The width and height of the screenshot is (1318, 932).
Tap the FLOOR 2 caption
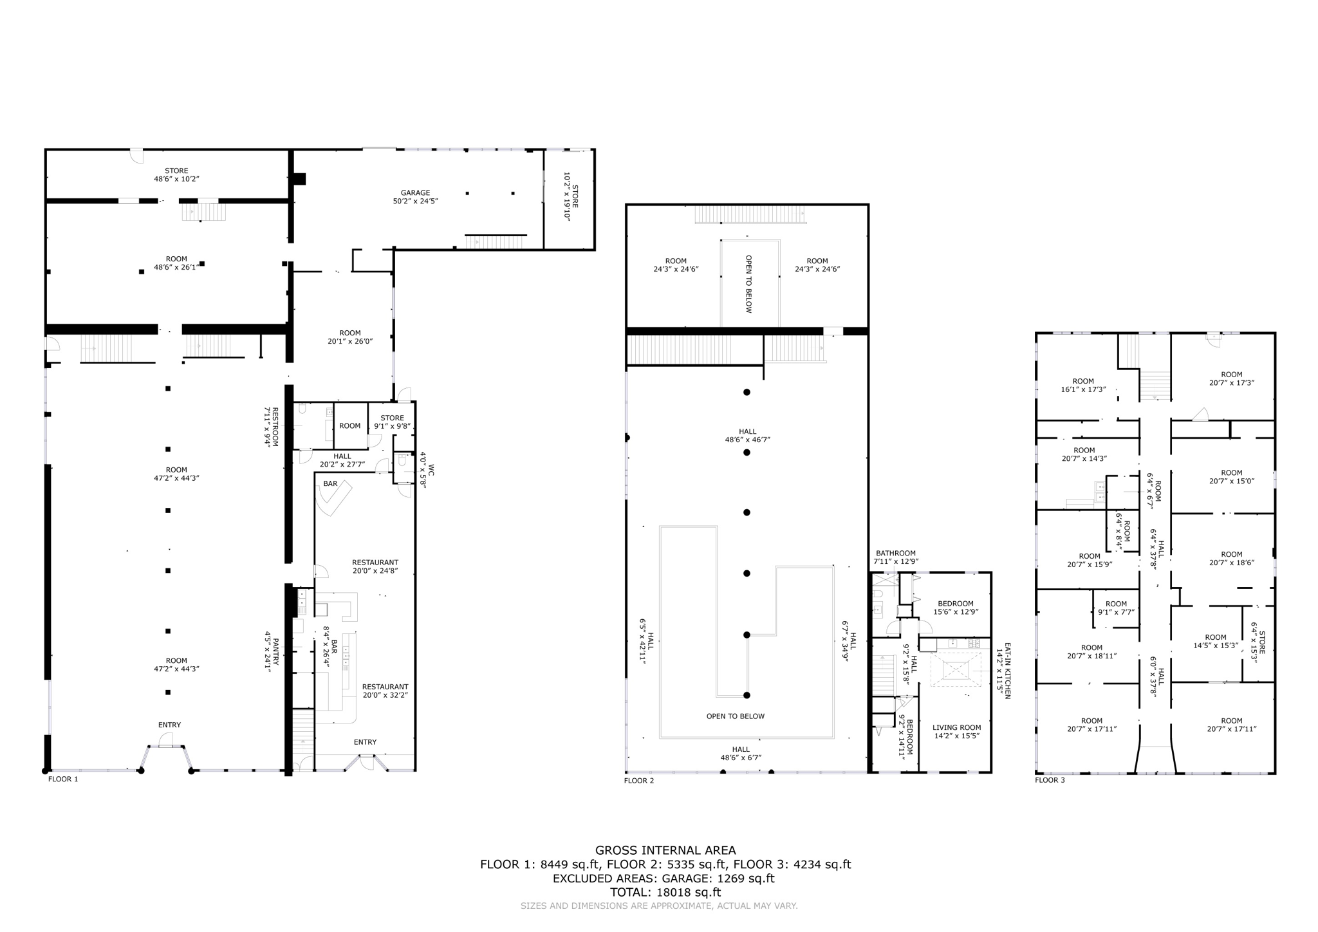pos(638,781)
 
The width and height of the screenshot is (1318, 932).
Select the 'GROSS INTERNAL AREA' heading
pos(665,850)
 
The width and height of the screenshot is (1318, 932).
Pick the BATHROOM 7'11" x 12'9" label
pos(895,557)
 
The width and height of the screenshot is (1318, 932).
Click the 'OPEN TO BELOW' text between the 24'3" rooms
pos(748,284)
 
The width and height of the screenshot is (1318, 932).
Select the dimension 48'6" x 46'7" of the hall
pos(747,440)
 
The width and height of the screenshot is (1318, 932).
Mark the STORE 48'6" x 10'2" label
pos(176,175)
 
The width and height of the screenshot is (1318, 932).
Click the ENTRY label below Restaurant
pos(365,742)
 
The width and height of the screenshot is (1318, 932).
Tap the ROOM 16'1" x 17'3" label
pos(1083,386)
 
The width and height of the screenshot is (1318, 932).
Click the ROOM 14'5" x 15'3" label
pos(1216,642)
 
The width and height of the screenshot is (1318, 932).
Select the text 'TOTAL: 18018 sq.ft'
pos(665,893)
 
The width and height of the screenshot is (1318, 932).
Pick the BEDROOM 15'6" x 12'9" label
pos(956,608)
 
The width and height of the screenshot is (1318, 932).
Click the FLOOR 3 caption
pos(1050,780)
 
